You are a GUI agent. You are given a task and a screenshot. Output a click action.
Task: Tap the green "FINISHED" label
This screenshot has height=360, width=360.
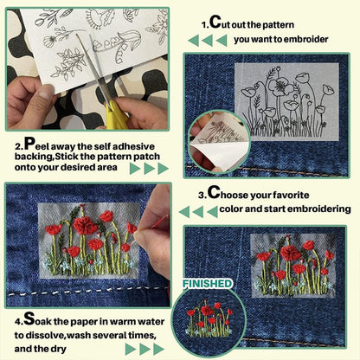tap(208, 283)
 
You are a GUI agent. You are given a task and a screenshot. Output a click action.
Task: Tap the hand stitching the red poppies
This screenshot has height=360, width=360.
tap(156, 216)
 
